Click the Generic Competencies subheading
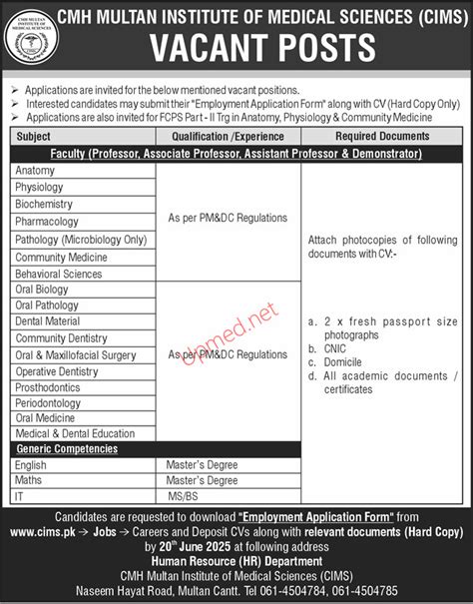pyautogui.click(x=67, y=449)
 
